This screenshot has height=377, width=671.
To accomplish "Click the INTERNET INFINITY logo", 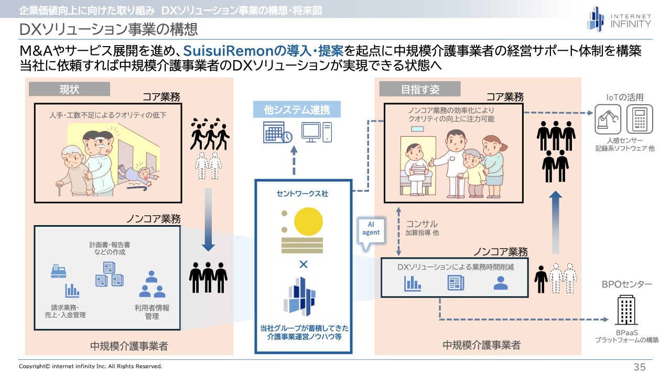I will tap(619, 19).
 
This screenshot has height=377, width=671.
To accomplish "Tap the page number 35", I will tap(639, 367).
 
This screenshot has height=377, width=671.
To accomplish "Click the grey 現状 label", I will tap(69, 89).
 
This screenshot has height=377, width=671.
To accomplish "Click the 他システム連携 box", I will tap(296, 109).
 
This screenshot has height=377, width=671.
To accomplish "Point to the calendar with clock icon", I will tap(277, 132).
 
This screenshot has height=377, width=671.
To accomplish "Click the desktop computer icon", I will tap(316, 132).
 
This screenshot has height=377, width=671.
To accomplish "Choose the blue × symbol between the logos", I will tap(304, 264).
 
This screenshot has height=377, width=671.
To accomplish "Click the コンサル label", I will tap(421, 224).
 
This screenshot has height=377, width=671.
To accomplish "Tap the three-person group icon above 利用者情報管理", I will tap(152, 284).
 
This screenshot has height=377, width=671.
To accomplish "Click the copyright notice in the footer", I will tap(91, 367).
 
